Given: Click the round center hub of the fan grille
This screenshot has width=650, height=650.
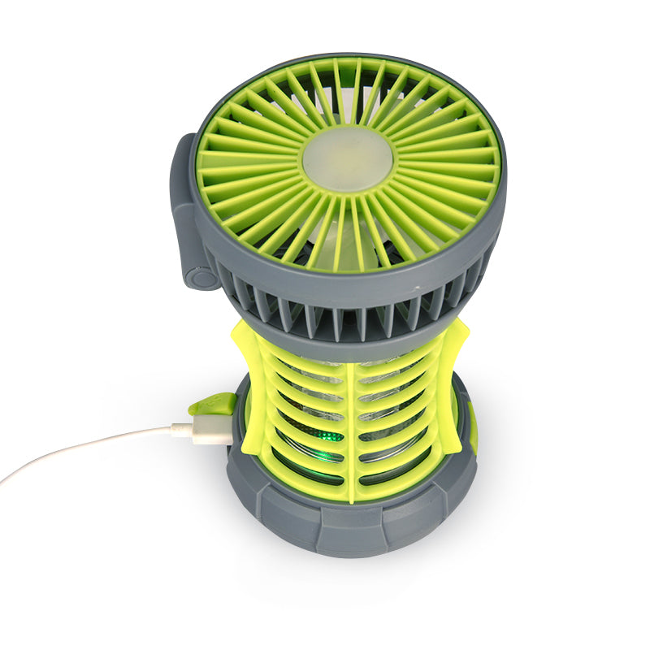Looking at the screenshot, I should pyautogui.click(x=347, y=159).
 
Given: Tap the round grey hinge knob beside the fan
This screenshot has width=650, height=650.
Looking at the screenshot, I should pyautogui.click(x=200, y=277).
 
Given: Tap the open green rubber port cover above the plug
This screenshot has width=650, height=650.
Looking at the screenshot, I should pyautogui.click(x=213, y=405).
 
